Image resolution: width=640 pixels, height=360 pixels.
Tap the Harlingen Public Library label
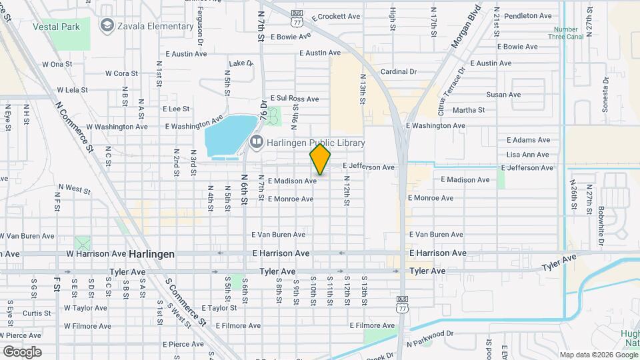coord(316,143)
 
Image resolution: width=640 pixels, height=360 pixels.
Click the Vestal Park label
coord(61,27)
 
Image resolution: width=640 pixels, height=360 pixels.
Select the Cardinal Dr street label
coord(398,71)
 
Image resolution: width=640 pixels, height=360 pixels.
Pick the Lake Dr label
coord(241,63)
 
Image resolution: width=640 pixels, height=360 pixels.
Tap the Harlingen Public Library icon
coord(256,143)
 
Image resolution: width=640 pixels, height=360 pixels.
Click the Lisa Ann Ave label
coord(527,155)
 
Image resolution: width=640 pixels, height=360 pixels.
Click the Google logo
coord(22,351)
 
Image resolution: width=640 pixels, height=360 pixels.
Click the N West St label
coord(74,189)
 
